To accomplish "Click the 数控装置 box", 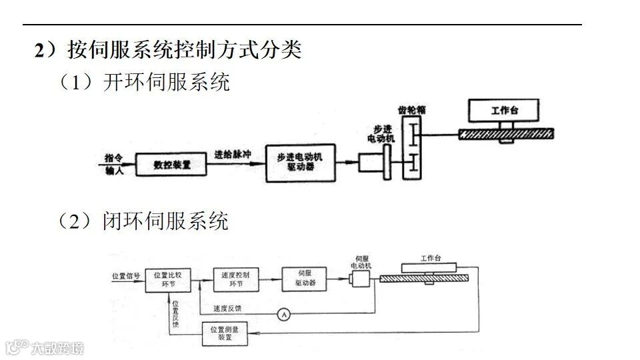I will pos(171,163).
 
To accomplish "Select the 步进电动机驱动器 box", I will pos(299,163).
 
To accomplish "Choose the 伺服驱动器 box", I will pos(304,279).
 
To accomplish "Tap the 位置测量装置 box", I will pos(229,333).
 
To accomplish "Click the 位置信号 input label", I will pos(126,275).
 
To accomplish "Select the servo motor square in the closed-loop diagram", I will pos(363,279).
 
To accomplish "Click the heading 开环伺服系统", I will pos(166,82).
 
